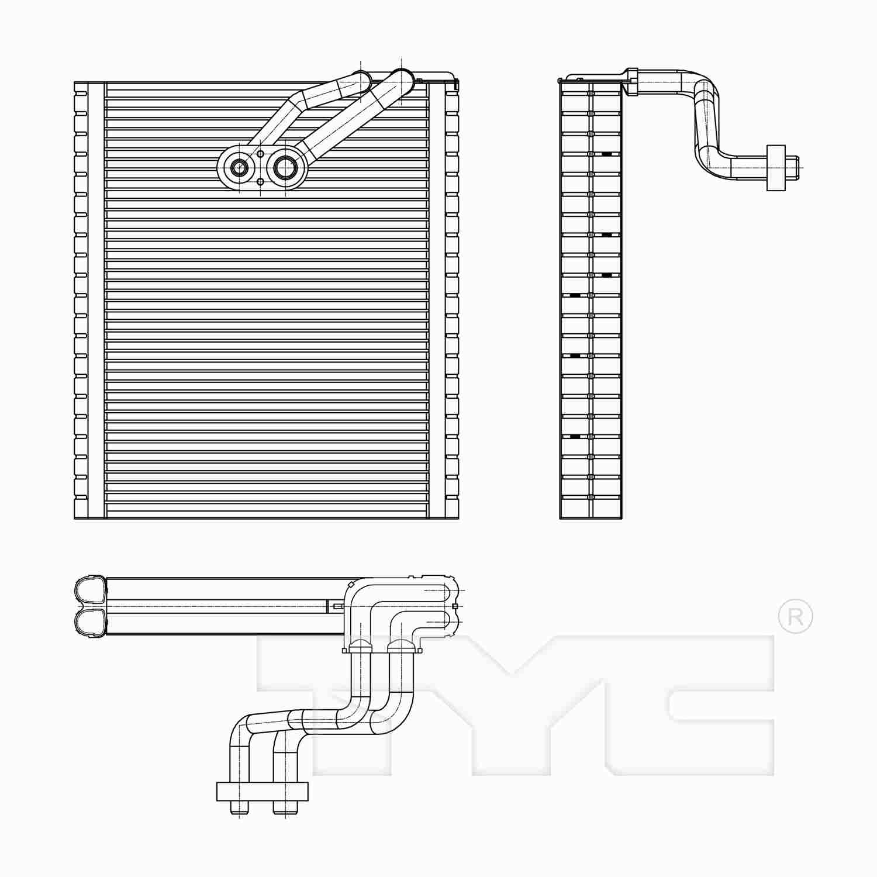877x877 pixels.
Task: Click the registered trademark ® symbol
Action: pyautogui.click(x=795, y=616)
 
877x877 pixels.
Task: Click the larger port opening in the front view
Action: pyautogui.click(x=285, y=168)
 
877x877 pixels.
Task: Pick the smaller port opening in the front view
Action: pyautogui.click(x=239, y=168)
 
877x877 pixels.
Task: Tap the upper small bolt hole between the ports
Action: pyautogui.click(x=261, y=154)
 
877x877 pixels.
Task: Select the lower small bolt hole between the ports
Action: pyautogui.click(x=261, y=182)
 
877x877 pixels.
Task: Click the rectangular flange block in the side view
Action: pyautogui.click(x=775, y=168)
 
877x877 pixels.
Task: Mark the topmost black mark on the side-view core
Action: pyautogui.click(x=607, y=154)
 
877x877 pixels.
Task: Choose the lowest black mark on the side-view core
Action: pyautogui.click(x=575, y=436)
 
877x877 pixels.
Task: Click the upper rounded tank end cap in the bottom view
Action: pyautogui.click(x=91, y=591)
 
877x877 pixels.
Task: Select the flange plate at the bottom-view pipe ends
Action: pyautogui.click(x=262, y=791)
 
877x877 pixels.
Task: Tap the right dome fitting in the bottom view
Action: pyautogui.click(x=401, y=645)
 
